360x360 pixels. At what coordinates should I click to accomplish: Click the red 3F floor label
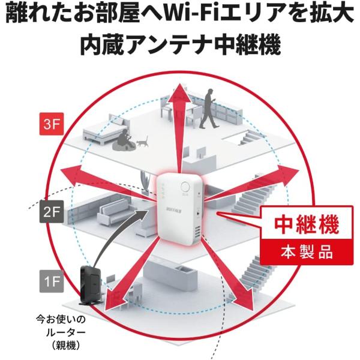click(x=49, y=125)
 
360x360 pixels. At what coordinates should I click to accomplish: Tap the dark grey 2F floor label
click(x=50, y=211)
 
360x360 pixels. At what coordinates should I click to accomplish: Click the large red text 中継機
click(x=307, y=224)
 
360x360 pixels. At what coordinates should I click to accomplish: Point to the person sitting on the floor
click(x=124, y=141)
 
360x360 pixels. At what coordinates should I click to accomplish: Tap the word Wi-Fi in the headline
click(x=164, y=15)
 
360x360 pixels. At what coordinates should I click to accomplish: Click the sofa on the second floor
click(x=117, y=211)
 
